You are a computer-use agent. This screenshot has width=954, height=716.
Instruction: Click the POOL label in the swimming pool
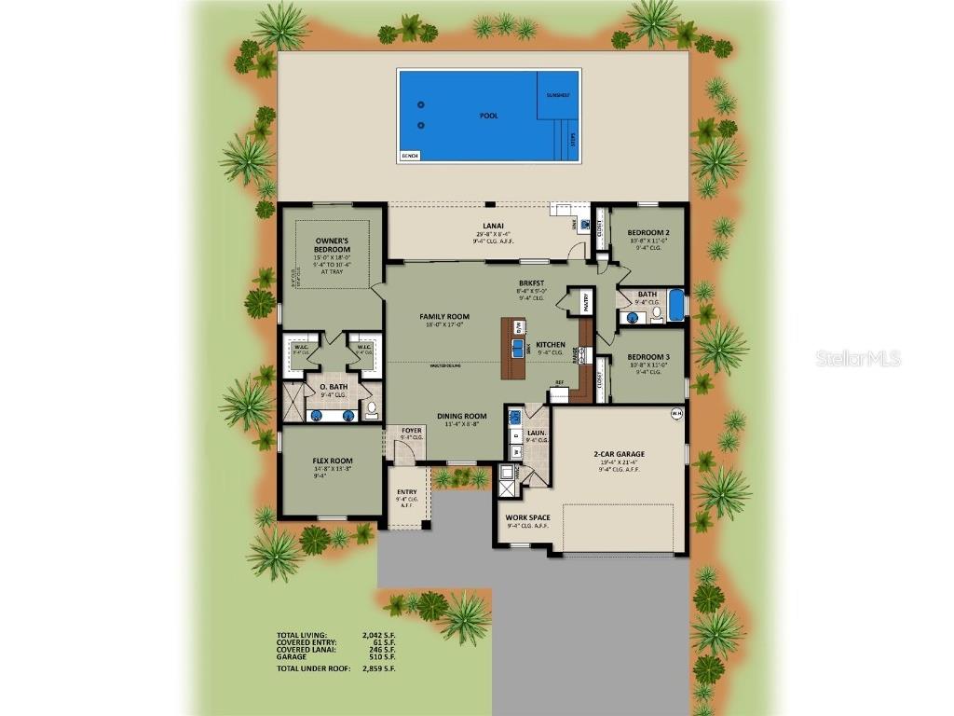click(x=488, y=116)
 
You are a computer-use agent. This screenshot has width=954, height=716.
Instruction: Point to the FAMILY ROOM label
click(x=444, y=316)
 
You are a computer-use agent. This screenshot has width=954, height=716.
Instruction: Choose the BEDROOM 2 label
click(x=648, y=232)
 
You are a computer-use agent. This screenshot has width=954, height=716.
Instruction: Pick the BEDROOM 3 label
click(x=648, y=357)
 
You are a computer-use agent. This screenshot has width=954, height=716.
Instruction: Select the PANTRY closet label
click(x=584, y=301)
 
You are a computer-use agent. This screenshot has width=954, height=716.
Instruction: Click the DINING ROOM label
click(x=462, y=416)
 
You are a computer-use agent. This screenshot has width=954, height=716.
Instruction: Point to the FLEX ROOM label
click(x=332, y=460)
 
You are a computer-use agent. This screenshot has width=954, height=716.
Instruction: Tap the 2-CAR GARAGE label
click(x=620, y=454)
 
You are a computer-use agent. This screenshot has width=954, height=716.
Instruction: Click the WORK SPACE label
click(x=527, y=516)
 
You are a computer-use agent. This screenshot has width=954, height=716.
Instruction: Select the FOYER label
click(x=412, y=431)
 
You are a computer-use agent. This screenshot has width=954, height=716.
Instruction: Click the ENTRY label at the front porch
click(x=407, y=493)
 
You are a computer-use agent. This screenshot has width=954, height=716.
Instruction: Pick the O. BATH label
click(x=333, y=386)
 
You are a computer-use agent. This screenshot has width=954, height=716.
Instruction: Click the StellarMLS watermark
click(x=858, y=358)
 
